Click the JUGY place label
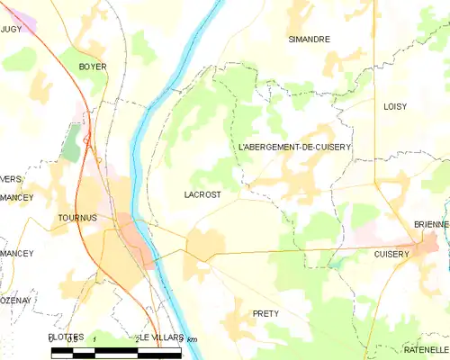click(11, 30)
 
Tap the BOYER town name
click(93, 67)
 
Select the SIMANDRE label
click(309, 40)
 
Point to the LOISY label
click(394, 106)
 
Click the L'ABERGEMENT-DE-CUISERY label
click(294, 146)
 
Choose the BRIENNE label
click(431, 224)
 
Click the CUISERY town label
click(391, 255)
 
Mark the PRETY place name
click(265, 313)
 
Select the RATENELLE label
click(426, 349)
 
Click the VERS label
click(11, 179)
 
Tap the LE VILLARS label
click(162, 337)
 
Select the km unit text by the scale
click(191, 338)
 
